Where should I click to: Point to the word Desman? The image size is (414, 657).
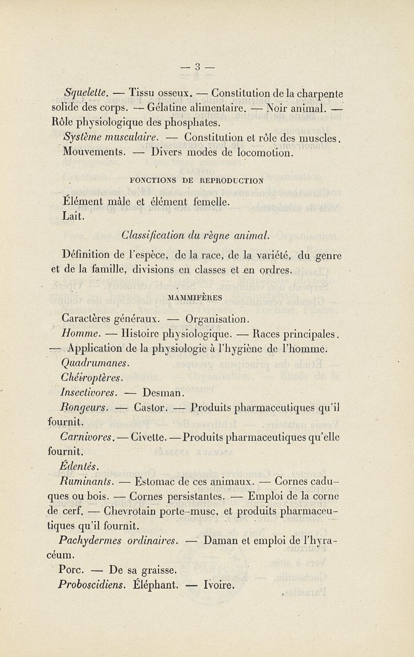pos(161,391)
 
